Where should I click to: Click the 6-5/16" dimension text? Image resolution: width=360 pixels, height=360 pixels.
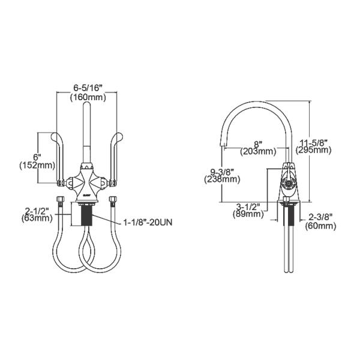pos(88,87)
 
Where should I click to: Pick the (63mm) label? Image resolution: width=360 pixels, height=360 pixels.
pos(38,219)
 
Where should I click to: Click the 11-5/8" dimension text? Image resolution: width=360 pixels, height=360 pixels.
pos(314,142)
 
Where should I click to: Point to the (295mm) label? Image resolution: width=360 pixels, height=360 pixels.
pos(313,150)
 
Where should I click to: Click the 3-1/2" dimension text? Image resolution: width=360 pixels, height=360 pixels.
pos(249,205)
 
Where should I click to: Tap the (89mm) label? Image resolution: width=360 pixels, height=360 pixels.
pos(249,214)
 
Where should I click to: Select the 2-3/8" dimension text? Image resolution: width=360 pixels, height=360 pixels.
pos(320,217)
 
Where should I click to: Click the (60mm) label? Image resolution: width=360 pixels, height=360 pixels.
pos(320,226)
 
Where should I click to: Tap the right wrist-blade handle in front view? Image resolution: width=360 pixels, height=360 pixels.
pos(112,153)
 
